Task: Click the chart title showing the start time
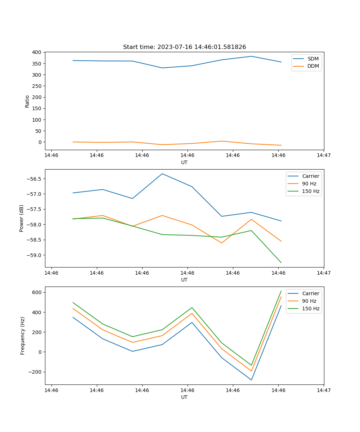click(184, 47)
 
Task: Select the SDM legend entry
click(313, 59)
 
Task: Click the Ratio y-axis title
click(27, 101)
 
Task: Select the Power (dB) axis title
click(22, 218)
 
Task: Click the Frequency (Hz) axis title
click(23, 336)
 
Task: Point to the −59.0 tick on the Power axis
click(35, 255)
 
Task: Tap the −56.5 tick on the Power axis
click(35, 179)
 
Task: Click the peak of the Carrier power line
click(162, 174)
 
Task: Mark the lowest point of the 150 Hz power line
click(281, 263)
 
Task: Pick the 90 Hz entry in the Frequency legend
click(309, 301)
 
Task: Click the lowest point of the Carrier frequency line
click(251, 380)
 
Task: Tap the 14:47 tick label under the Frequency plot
click(324, 390)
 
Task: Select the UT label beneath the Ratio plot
click(184, 162)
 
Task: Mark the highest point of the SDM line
click(251, 56)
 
